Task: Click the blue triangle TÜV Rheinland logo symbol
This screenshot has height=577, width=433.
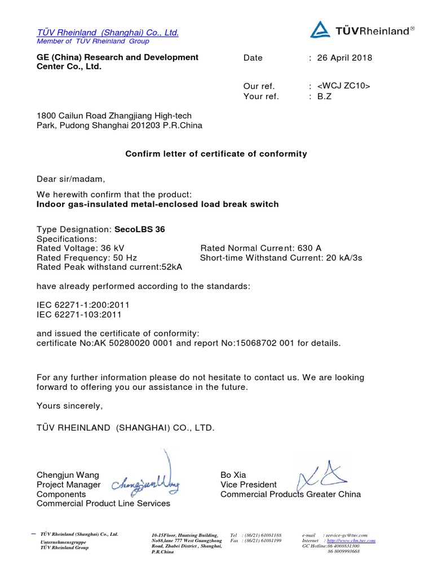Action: point(320,30)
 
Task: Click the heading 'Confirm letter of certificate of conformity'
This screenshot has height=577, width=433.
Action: point(216,153)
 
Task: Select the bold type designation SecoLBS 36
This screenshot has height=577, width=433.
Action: point(140,229)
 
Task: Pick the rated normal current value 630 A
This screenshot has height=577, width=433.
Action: point(311,248)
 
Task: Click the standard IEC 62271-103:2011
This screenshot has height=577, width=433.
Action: point(79,314)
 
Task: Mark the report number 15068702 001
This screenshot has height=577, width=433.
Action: point(267,343)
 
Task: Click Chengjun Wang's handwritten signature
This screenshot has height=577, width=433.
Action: point(147,483)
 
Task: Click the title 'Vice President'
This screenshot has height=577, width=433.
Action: point(248,485)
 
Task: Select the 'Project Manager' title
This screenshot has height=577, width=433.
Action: point(68,485)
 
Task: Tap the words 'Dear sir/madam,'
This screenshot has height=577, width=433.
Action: point(70,179)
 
